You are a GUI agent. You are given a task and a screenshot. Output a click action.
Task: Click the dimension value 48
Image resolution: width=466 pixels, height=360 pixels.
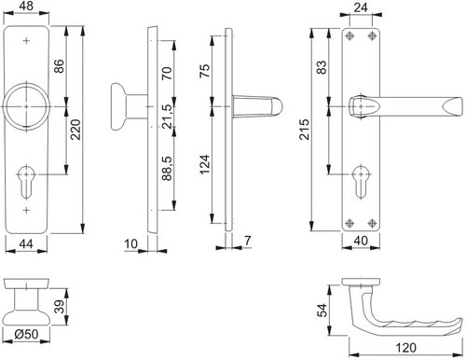click(26, 7)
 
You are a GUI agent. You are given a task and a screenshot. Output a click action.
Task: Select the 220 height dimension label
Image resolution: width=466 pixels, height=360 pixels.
click(75, 130)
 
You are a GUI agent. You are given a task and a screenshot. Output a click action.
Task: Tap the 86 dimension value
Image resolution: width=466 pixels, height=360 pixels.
click(59, 66)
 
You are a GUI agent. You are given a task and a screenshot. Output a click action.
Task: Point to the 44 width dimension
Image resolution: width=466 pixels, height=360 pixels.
click(26, 243)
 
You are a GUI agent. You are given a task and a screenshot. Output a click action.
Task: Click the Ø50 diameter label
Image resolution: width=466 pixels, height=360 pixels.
click(26, 334)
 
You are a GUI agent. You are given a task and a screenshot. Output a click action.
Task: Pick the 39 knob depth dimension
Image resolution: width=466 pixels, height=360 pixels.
click(59, 307)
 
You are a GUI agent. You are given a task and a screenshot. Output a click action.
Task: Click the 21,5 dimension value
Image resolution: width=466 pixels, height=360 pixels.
click(167, 117)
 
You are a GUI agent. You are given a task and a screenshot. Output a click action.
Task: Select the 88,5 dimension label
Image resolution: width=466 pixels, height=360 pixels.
click(167, 169)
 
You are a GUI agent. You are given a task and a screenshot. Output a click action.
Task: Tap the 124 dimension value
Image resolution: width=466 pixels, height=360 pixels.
click(205, 164)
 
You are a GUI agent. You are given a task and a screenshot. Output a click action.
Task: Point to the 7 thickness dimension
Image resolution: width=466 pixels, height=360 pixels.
click(247, 241)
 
